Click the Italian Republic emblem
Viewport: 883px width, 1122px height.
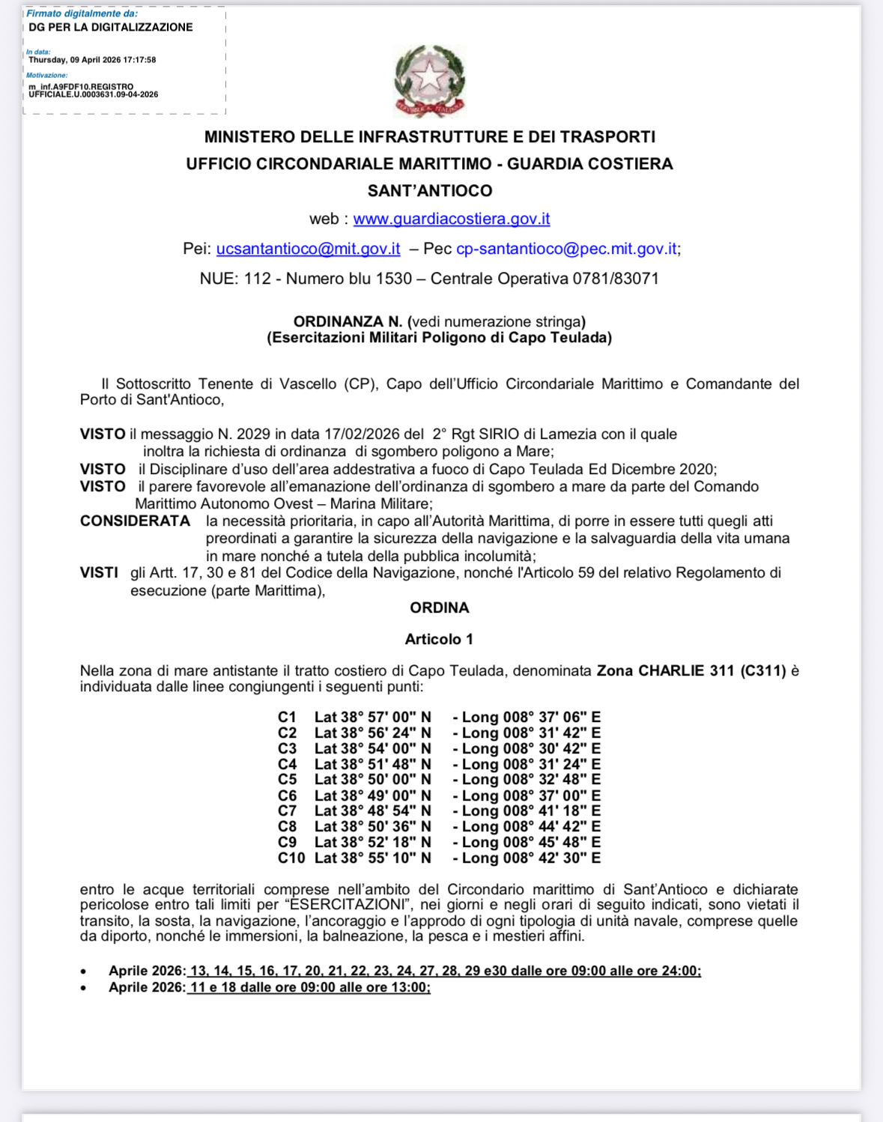(x=430, y=80)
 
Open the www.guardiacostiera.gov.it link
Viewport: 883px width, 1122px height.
(x=452, y=219)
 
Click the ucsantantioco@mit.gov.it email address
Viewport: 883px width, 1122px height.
(x=308, y=249)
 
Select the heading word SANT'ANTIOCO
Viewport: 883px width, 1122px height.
(x=430, y=191)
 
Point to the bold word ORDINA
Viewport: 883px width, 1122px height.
(x=440, y=607)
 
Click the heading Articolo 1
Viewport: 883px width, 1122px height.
(x=439, y=639)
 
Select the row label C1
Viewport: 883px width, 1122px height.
(x=287, y=718)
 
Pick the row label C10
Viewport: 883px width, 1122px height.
(x=291, y=858)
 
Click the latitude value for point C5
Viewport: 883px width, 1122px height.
(x=373, y=780)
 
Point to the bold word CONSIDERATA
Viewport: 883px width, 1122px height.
(x=136, y=521)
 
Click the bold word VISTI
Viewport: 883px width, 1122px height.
(x=99, y=573)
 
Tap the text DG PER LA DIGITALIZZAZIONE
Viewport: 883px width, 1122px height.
(x=111, y=28)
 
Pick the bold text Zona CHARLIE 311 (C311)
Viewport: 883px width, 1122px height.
(x=691, y=671)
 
